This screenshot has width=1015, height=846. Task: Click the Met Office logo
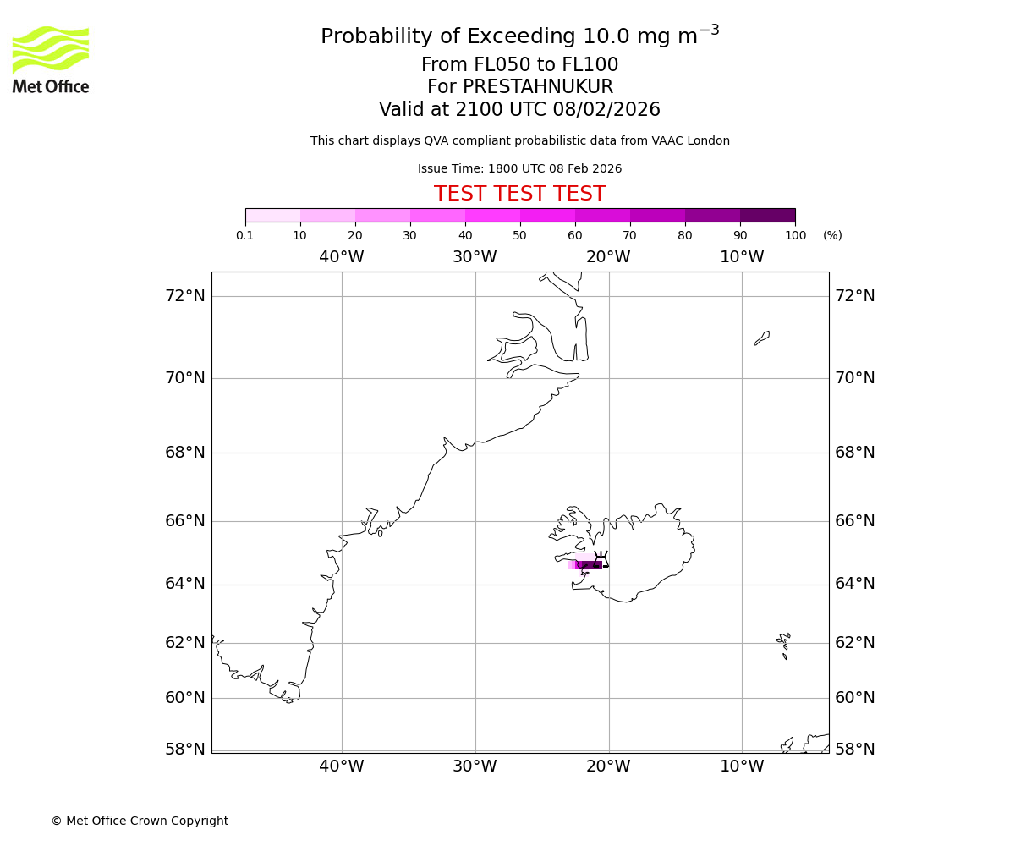click(x=51, y=59)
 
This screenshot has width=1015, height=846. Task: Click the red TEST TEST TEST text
click(x=519, y=195)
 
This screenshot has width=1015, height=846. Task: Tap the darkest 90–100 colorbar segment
click(x=767, y=215)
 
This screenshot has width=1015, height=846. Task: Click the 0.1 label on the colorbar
click(x=244, y=235)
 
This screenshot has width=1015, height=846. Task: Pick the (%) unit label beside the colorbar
click(x=832, y=235)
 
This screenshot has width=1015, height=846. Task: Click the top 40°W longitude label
click(x=342, y=257)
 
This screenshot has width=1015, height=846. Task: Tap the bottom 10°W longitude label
click(x=742, y=766)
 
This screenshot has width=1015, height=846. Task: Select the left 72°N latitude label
click(x=185, y=296)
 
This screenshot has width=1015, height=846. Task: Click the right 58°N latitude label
click(x=855, y=750)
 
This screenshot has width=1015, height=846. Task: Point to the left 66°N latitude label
click(x=185, y=521)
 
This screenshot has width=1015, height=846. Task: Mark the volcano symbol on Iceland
click(x=601, y=558)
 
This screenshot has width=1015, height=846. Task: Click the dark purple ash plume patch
click(x=590, y=565)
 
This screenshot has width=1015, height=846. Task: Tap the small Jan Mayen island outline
click(x=762, y=338)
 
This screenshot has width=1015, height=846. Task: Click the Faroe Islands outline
click(x=784, y=645)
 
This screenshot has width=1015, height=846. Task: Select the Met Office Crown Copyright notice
click(x=140, y=821)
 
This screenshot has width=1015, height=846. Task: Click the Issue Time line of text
click(x=519, y=169)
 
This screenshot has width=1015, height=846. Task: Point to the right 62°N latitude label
click(x=855, y=643)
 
